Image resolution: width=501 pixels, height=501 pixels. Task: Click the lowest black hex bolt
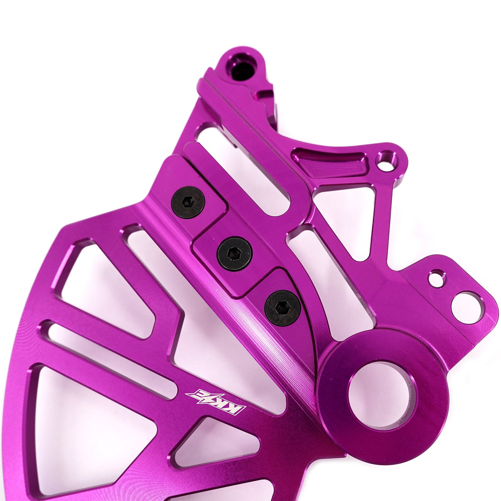(282, 308)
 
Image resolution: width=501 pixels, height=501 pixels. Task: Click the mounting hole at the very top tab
(242, 69)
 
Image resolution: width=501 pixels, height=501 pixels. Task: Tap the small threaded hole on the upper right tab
(386, 161)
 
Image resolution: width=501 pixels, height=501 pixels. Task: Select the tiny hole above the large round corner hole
(437, 279)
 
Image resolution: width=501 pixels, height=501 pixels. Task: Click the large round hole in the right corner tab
(467, 307)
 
